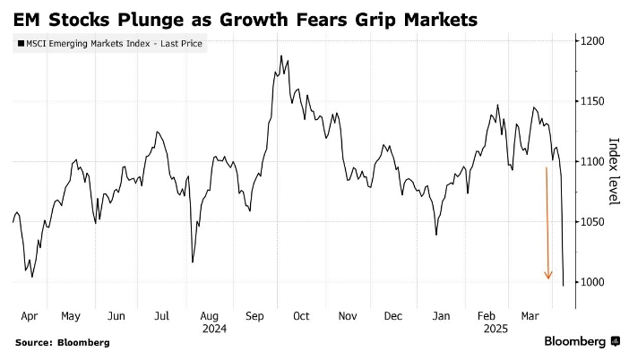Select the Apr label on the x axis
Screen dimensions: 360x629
(x=28, y=316)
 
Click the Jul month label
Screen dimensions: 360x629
(x=162, y=316)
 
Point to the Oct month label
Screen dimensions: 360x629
(x=301, y=316)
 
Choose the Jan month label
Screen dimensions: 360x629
(x=440, y=316)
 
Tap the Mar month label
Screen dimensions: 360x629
(x=530, y=316)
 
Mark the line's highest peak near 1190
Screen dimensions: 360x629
(x=280, y=56)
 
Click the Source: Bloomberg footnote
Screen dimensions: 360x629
(x=62, y=342)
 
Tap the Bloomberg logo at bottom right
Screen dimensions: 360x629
(x=582, y=341)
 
